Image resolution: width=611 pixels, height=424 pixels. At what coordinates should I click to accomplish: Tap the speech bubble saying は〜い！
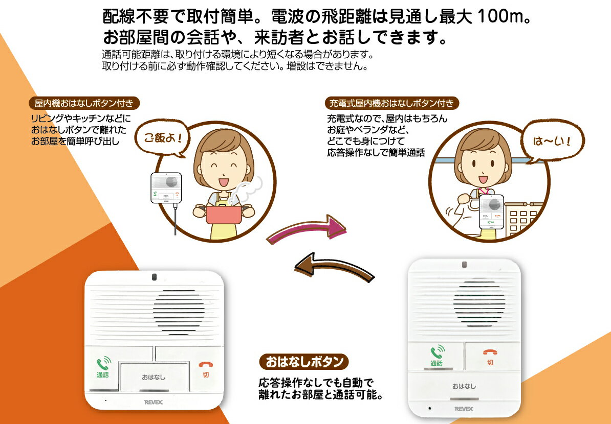pos(552,140)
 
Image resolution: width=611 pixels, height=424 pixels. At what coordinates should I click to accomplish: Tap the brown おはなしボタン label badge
pos(304,362)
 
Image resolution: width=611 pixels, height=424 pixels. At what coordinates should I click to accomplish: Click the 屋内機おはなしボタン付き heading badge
pos(84,103)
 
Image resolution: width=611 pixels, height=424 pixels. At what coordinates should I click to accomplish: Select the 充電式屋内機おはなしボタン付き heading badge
pos(391,103)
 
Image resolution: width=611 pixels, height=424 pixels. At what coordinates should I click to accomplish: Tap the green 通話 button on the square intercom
pos(103,368)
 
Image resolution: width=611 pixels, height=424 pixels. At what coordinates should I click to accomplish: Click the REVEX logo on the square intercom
pos(154,402)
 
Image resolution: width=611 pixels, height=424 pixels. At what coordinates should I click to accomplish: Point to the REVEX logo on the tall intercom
pos(464,409)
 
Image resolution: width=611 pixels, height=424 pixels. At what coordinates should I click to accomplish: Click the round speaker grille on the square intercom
pos(179,312)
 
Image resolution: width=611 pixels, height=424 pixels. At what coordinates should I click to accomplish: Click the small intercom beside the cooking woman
pos(166,188)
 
